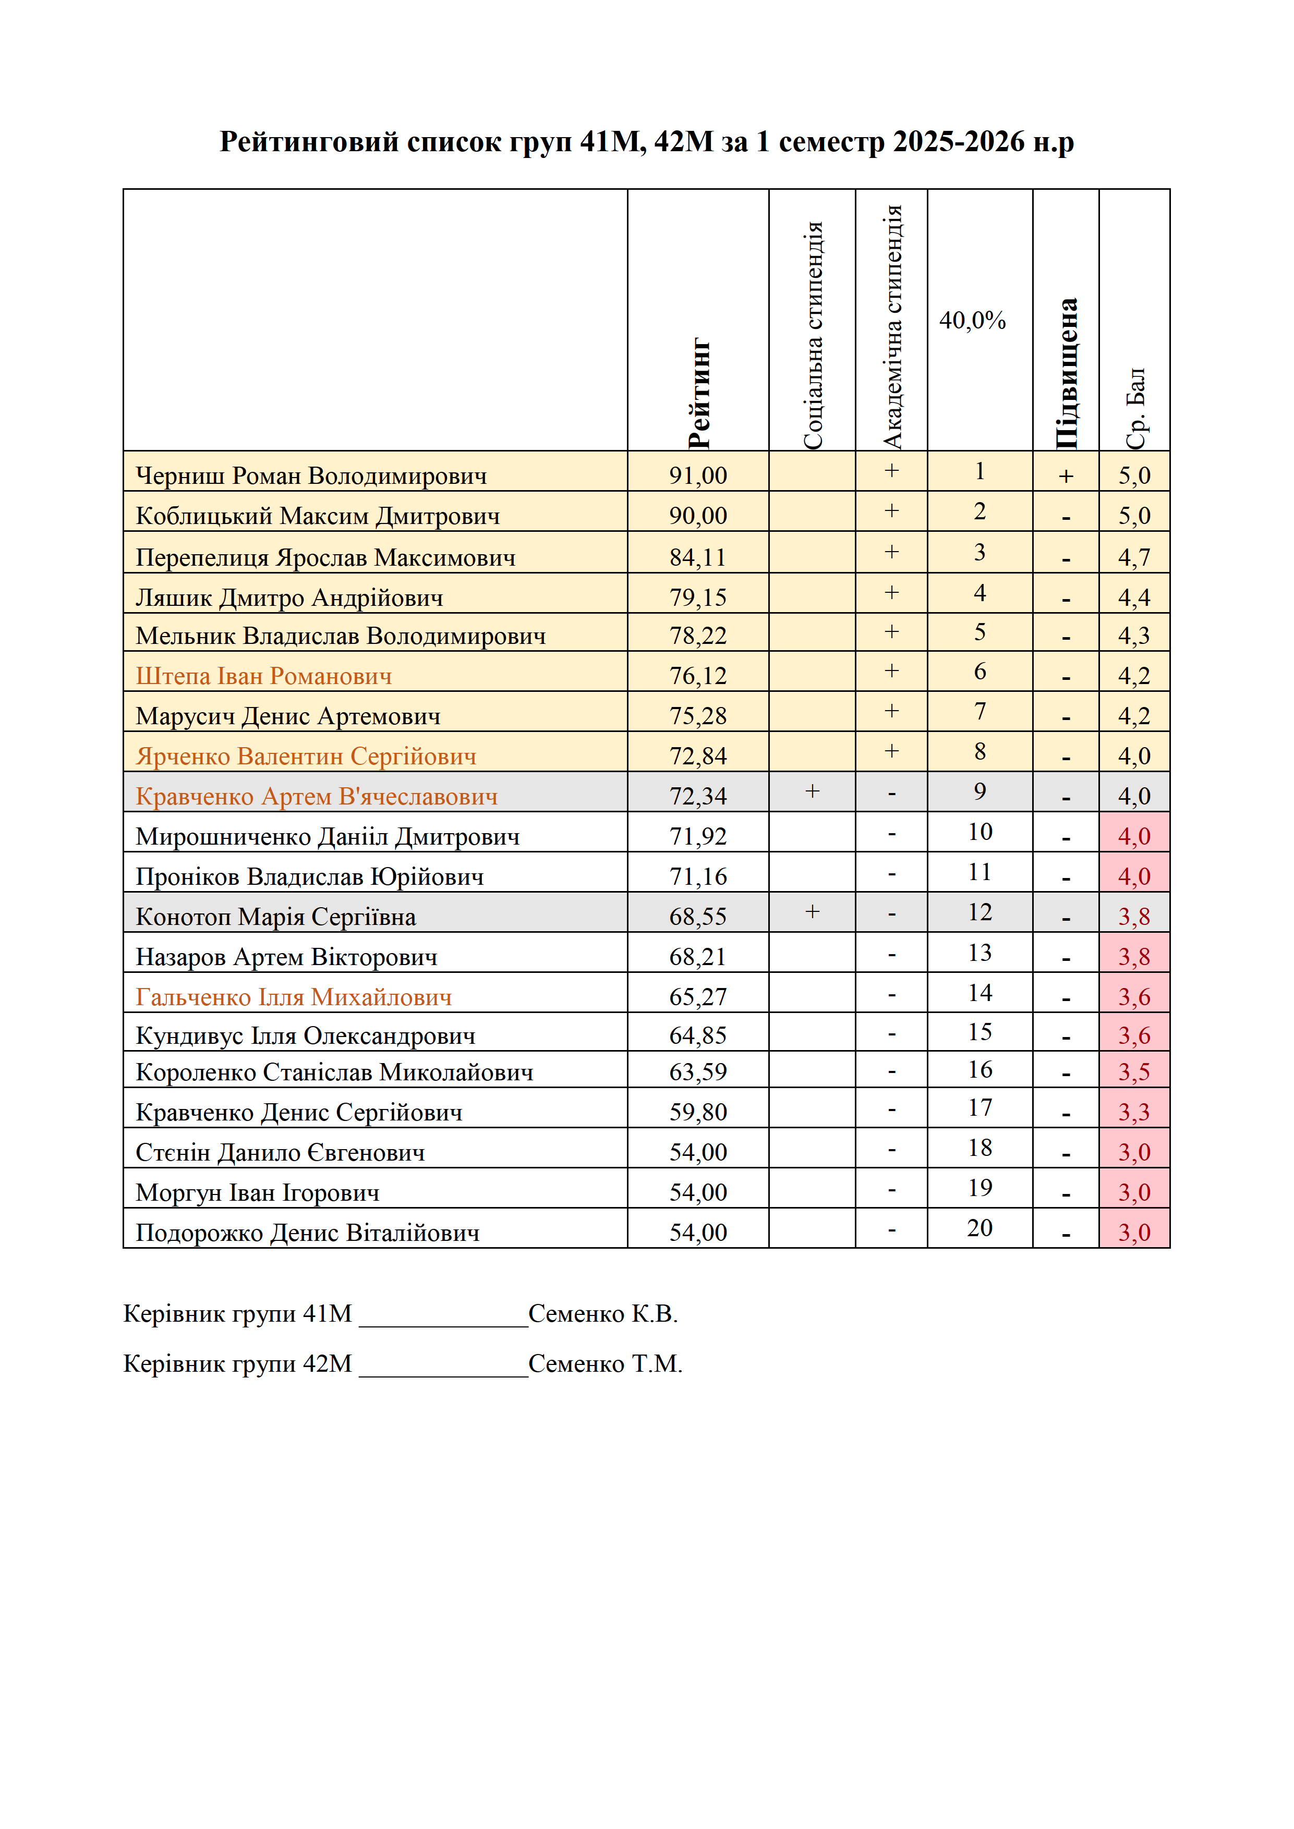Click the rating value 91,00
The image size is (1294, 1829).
[698, 475]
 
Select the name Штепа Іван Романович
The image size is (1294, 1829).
[264, 676]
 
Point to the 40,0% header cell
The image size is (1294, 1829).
[972, 320]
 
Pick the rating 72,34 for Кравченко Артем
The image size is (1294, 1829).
[698, 796]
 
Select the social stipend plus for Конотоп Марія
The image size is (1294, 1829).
[812, 911]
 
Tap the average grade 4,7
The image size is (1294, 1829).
[1134, 557]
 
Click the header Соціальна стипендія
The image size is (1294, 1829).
[813, 335]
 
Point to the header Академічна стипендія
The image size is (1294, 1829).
[892, 326]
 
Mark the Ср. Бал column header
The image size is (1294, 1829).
[1134, 408]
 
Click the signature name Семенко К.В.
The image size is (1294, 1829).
[603, 1313]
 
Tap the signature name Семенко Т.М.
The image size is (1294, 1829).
[606, 1364]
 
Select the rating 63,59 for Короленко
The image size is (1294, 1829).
[698, 1071]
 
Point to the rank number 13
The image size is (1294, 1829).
[980, 952]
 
